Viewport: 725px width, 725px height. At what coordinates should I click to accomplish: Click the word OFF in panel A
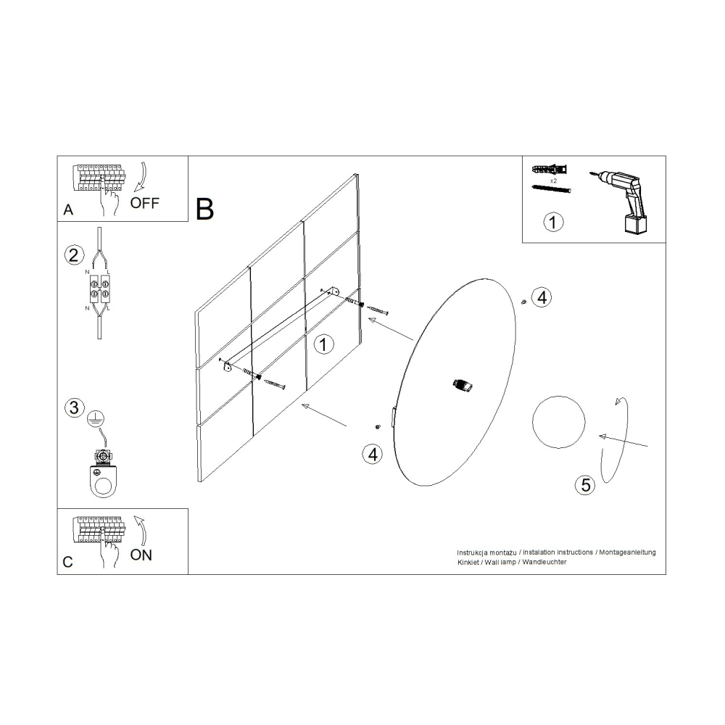tap(144, 203)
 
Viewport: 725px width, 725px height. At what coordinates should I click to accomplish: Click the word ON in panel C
tap(141, 555)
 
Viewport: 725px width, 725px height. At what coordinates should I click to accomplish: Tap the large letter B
tap(205, 209)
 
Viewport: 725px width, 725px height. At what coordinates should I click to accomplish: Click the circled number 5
tap(585, 485)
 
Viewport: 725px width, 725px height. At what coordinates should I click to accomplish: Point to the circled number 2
tap(74, 255)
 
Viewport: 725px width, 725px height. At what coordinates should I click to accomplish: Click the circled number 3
tap(74, 407)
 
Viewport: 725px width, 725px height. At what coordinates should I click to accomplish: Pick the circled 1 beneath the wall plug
tap(553, 223)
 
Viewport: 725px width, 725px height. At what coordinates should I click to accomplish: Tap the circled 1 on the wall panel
tap(323, 344)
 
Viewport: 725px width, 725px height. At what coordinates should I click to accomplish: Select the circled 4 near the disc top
tap(542, 297)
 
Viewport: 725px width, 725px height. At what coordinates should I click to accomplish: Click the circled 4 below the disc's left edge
tap(373, 455)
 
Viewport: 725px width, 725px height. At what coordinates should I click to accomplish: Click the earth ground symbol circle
tap(95, 419)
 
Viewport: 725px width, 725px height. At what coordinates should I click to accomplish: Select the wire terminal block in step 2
tap(99, 289)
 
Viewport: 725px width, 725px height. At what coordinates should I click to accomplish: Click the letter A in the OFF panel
tap(68, 210)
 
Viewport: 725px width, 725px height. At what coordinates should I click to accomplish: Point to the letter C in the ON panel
tap(67, 562)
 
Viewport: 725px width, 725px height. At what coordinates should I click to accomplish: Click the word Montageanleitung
tap(627, 552)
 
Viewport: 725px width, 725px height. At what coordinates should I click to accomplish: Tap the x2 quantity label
tap(553, 181)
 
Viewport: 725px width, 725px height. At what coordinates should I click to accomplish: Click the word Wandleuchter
tap(544, 562)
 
